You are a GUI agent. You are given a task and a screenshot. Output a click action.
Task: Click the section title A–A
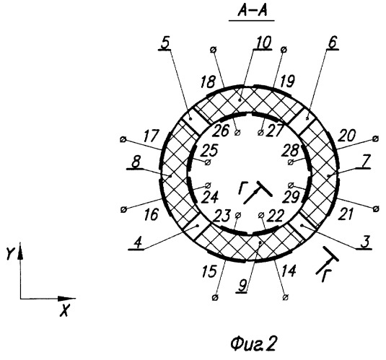pos(252,12)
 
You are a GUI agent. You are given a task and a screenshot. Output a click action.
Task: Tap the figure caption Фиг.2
pos(253,343)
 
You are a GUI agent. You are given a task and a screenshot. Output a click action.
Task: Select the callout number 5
pos(165,43)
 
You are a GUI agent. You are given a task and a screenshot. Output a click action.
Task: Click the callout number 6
pos(333,43)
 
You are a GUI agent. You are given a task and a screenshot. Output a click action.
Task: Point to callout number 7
pos(364,162)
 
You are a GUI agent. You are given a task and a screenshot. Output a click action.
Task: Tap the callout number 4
pos(138,243)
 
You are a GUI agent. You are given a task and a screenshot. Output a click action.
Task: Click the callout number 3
pos(365,242)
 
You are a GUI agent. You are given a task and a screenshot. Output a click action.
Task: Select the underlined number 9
pos(242,286)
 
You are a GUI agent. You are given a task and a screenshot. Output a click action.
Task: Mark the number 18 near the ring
pos(208,82)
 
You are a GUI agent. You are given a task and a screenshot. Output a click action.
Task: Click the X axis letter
pos(65,310)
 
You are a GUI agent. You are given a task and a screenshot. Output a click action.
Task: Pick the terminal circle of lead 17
pos(123,140)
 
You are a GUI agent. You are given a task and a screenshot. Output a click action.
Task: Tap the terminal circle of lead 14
pos(286,297)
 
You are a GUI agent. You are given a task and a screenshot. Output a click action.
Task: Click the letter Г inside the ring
pos(242,188)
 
